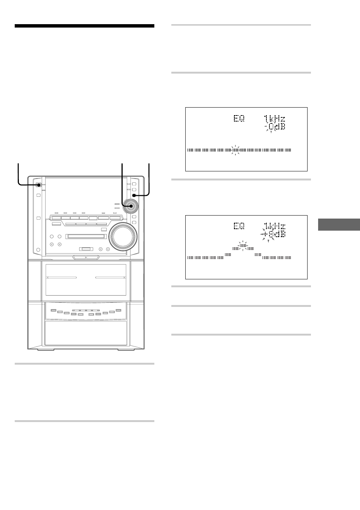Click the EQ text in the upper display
[239, 118]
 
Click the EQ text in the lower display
[239, 226]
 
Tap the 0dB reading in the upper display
[277, 126]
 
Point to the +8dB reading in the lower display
[274, 234]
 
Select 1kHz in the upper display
[274, 119]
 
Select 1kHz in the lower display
[274, 226]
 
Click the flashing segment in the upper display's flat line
[235, 150]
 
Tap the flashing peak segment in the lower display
[243, 246]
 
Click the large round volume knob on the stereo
[123, 237]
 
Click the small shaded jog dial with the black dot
[131, 206]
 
